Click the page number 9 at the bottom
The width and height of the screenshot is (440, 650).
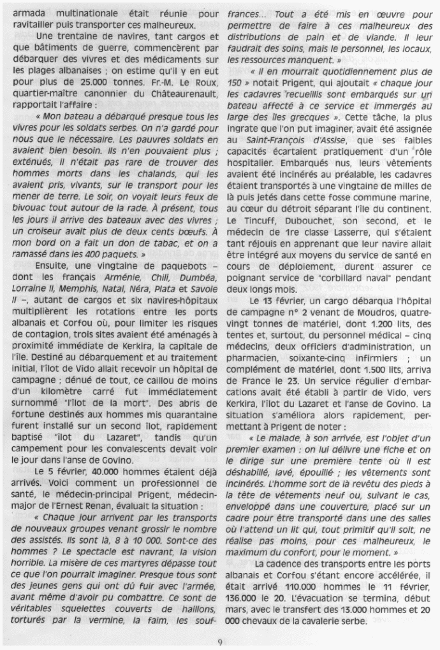(x=219, y=641)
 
